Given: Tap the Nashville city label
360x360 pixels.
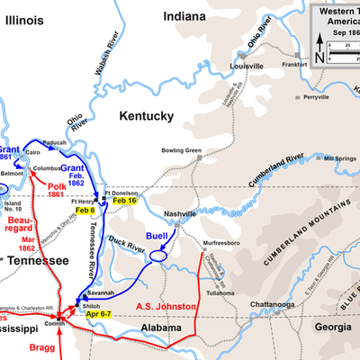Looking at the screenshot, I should (180, 213).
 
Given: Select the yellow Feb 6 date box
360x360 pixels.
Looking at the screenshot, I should (85, 210).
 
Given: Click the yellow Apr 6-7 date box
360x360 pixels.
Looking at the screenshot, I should (92, 313).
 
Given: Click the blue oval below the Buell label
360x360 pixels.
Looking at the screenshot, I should (158, 256).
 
